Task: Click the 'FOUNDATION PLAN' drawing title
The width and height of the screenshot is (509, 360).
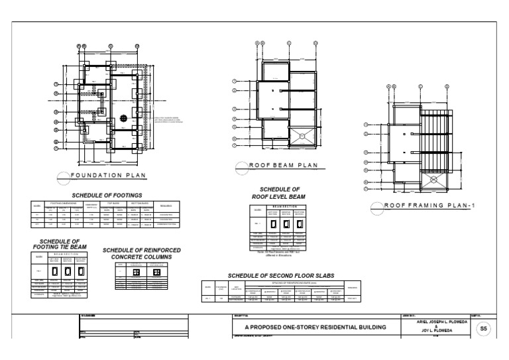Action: point(110,176)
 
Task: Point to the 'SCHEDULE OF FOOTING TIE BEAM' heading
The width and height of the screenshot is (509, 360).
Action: point(60,243)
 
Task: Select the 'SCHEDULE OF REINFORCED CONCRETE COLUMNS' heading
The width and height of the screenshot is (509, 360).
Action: point(142,253)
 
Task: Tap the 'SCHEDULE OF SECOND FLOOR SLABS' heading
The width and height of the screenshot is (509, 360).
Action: point(281,275)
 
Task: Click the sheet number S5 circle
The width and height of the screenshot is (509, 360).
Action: point(483,328)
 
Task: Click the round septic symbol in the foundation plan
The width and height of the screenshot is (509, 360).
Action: point(123,117)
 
